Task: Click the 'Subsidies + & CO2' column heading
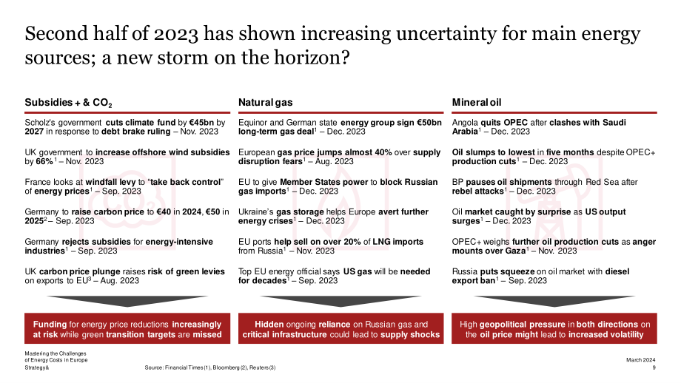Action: [x=68, y=103]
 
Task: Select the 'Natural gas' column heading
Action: [x=265, y=102]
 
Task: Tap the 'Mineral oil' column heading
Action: [x=477, y=102]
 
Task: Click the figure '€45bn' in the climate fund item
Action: [x=201, y=122]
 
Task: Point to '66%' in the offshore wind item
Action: [x=44, y=161]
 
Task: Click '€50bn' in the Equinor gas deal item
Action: [x=429, y=122]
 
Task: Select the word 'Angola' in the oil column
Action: [x=465, y=123]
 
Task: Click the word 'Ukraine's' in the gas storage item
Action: [x=256, y=211]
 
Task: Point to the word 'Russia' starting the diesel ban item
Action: [x=465, y=271]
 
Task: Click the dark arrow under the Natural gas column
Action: [x=341, y=301]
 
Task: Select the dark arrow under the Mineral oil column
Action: [x=554, y=301]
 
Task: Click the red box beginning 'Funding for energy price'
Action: [x=127, y=328]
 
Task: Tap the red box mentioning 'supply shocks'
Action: [x=341, y=328]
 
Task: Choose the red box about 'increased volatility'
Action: [x=554, y=328]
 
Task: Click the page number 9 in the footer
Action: [x=654, y=367]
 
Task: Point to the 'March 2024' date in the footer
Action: [x=640, y=360]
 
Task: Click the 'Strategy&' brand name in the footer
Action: [x=37, y=367]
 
